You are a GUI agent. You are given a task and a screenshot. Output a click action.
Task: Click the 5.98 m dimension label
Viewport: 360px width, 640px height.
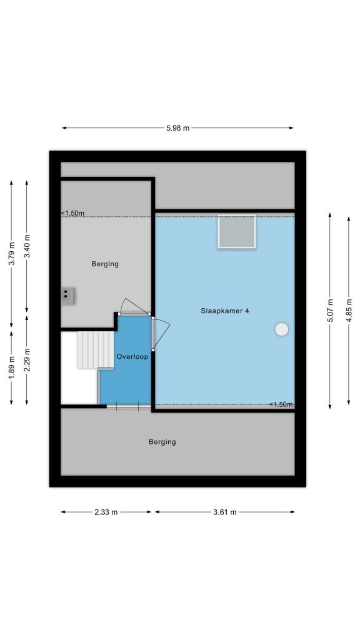177,127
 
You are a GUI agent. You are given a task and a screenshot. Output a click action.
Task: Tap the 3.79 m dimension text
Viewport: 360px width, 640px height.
11,254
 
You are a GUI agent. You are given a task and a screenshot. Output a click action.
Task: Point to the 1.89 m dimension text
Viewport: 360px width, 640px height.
11,367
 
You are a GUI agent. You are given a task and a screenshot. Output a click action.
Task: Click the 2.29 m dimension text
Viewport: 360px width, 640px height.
27,360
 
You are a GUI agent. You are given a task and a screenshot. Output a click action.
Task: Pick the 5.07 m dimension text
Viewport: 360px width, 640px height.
330,311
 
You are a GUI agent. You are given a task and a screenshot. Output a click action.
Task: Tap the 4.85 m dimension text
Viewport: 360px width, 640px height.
349,311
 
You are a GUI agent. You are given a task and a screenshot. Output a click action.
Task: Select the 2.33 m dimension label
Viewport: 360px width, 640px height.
106,512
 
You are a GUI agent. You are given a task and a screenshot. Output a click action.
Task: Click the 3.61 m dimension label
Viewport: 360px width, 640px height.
225,512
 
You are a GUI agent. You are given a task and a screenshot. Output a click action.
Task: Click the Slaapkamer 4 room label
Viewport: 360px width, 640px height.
225,311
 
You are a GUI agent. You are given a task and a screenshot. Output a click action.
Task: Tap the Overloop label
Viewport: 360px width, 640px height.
132,356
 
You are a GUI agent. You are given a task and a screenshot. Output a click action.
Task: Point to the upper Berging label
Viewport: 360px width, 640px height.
105,264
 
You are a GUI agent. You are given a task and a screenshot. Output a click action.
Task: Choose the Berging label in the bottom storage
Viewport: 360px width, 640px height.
162,442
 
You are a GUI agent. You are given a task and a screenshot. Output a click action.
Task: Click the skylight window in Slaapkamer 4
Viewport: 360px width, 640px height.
237,231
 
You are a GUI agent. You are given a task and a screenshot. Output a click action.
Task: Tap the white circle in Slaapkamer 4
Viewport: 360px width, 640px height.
282,329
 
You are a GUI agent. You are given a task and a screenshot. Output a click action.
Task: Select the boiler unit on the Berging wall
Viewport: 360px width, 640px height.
68,296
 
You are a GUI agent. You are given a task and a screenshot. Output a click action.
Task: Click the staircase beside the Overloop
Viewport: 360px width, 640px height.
96,350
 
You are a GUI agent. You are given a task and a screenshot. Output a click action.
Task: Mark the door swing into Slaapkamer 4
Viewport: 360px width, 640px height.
161,334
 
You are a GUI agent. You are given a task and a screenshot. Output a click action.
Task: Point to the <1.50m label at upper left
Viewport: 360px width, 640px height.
72,213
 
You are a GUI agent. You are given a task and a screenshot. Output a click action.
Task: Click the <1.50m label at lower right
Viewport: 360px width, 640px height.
281,404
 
